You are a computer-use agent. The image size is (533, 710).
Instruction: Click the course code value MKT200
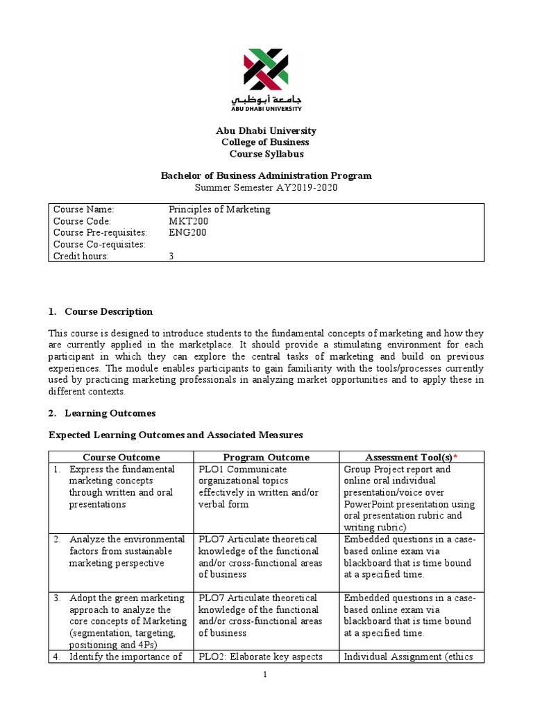click(x=189, y=221)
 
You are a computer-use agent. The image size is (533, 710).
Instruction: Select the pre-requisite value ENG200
click(x=188, y=233)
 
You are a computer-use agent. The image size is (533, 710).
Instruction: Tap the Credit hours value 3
click(x=172, y=257)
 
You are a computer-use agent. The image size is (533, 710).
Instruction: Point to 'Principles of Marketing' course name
click(x=220, y=209)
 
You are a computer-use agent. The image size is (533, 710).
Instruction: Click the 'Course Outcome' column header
click(x=121, y=458)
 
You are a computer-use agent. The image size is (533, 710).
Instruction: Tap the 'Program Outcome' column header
click(x=266, y=458)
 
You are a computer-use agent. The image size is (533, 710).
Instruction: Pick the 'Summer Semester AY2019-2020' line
click(x=266, y=188)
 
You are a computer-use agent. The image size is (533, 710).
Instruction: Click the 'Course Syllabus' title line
click(x=266, y=154)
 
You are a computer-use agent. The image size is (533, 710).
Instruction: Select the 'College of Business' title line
click(x=266, y=142)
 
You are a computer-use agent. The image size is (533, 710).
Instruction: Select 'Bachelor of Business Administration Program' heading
click(x=266, y=176)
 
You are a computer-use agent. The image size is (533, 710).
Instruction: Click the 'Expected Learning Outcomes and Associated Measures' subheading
click(x=176, y=435)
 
